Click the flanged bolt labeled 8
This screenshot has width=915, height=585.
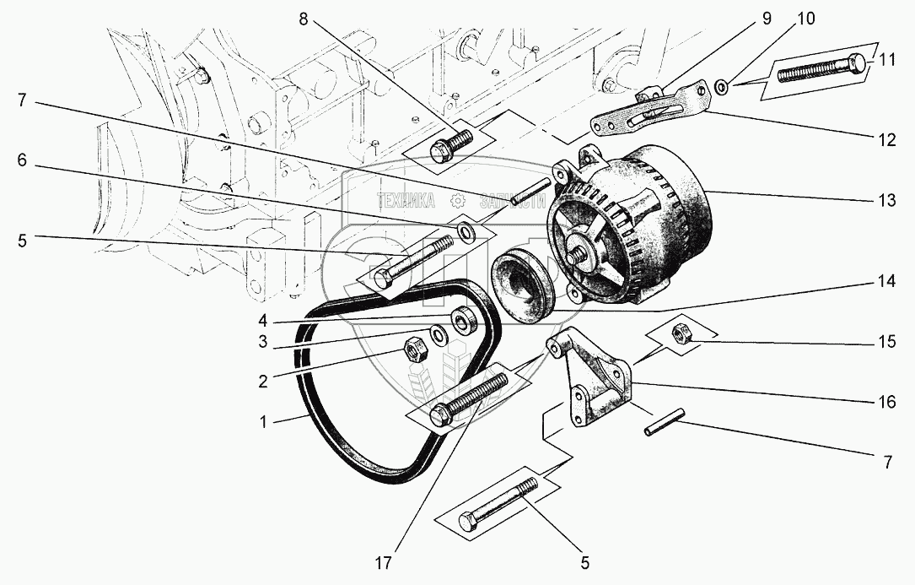pos(446,145)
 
